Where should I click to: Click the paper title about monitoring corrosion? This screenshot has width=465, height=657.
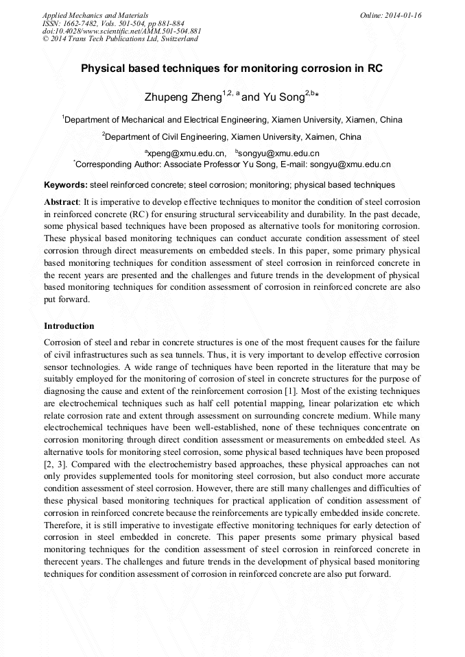click(232, 69)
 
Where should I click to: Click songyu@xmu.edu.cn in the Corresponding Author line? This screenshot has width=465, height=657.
click(350, 164)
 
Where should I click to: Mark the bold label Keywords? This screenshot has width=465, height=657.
click(65, 185)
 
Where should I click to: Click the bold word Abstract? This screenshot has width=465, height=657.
click(62, 202)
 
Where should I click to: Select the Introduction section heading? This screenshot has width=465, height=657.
click(69, 325)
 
